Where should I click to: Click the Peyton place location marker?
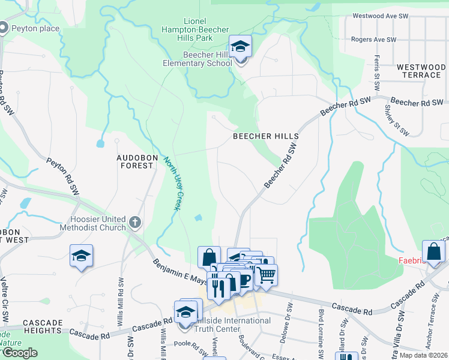coord(4,28)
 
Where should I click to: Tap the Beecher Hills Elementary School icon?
coord(240,47)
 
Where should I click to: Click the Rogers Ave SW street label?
coord(374,40)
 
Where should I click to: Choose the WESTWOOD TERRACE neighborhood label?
coord(421,71)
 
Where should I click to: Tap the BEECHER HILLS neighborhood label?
coord(265,136)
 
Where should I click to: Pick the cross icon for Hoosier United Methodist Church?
coord(135,222)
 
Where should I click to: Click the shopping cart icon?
coord(266,275)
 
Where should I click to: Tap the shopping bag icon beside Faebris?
coord(433,251)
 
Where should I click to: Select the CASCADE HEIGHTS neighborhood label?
coord(44,327)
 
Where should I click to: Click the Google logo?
coord(19,353)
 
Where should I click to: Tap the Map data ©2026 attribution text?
coord(423,355)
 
